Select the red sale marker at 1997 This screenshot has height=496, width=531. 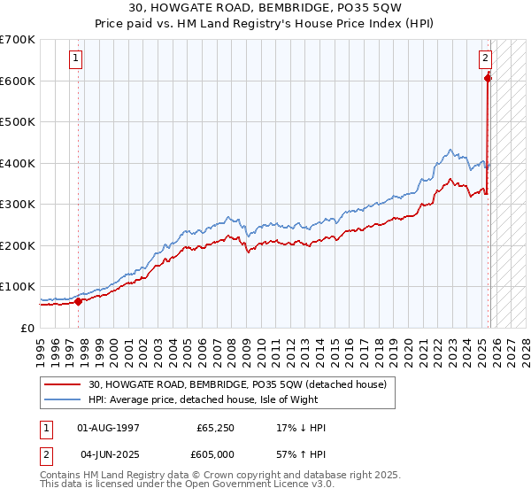(x=78, y=301)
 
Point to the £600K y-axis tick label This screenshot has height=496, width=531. (x=18, y=81)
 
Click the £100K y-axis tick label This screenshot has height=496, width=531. (x=18, y=287)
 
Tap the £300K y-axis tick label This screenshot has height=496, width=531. (x=18, y=205)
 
